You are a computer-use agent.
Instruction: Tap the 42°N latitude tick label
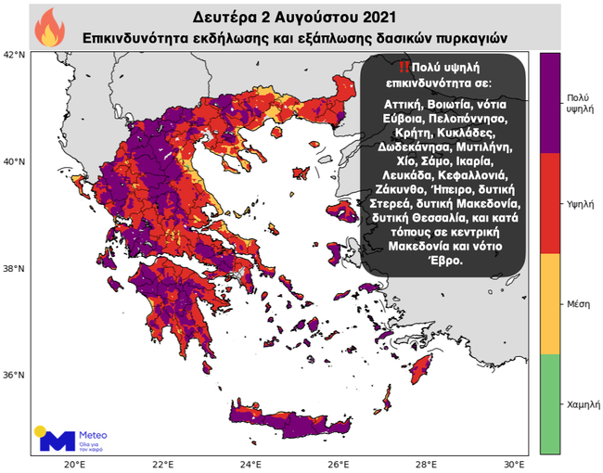coord(15,55)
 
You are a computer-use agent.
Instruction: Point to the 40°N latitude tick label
coord(15,161)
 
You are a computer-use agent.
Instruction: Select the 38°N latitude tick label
coord(15,269)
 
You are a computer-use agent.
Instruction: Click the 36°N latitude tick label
coord(15,376)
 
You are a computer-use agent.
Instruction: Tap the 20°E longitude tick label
coord(75,464)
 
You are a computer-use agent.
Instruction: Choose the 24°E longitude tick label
coord(250,464)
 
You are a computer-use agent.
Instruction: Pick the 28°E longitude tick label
coord(426,464)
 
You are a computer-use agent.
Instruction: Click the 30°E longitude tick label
coord(514,464)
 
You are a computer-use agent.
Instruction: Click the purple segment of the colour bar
coord(550,102)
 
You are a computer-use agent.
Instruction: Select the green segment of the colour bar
coord(550,403)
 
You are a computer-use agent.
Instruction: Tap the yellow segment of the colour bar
coord(550,303)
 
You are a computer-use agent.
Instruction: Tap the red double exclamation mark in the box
coord(402,68)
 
